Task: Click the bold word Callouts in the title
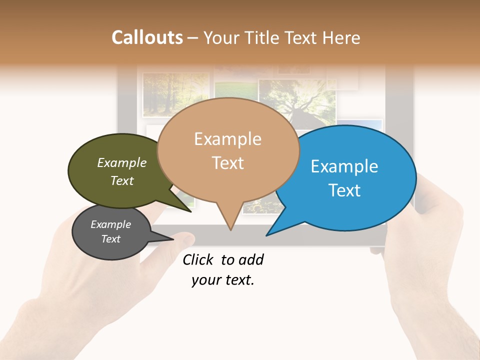(147, 38)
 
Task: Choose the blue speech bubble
(350, 177)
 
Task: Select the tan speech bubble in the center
(228, 150)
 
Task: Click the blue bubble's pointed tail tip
(267, 235)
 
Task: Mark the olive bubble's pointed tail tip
(190, 211)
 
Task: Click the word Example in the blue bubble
(344, 166)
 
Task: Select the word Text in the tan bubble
(228, 163)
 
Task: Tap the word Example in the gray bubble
(110, 224)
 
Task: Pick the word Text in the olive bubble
(122, 181)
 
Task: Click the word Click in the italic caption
(197, 259)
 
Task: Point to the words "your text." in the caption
(223, 280)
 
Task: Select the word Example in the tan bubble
(228, 139)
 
